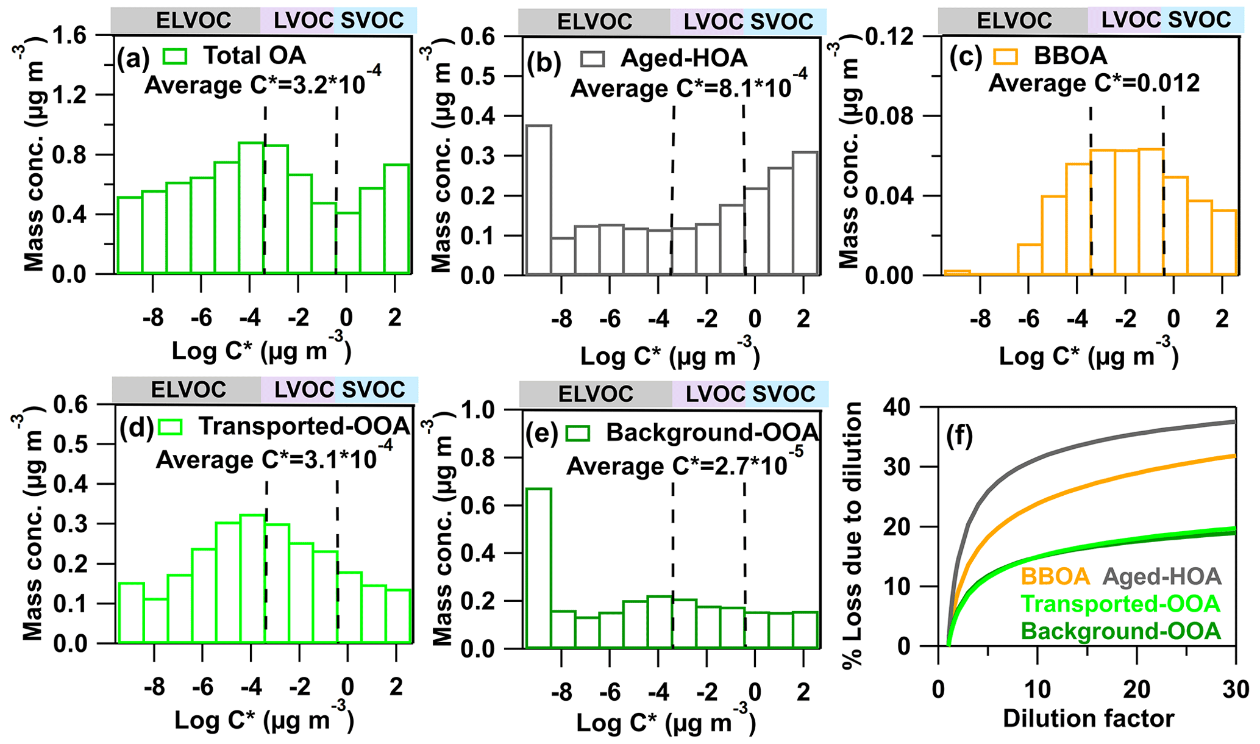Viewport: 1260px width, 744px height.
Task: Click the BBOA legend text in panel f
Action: tap(1055, 576)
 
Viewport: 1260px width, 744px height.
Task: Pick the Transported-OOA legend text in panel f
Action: tap(1120, 604)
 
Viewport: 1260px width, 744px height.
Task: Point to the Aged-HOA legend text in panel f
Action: tap(1162, 576)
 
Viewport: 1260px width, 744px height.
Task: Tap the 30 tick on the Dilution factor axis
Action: tap(1235, 690)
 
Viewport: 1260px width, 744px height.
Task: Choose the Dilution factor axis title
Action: tap(1089, 718)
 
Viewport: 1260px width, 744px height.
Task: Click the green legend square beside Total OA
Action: tap(175, 55)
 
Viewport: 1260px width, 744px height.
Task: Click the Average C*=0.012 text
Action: tap(1094, 83)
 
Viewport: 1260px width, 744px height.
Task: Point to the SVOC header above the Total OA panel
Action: tap(372, 20)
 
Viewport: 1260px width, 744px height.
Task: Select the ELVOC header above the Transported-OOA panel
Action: tap(188, 390)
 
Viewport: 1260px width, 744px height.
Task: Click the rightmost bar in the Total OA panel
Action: tap(397, 219)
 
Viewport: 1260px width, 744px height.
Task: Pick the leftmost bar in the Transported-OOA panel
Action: tap(131, 613)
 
